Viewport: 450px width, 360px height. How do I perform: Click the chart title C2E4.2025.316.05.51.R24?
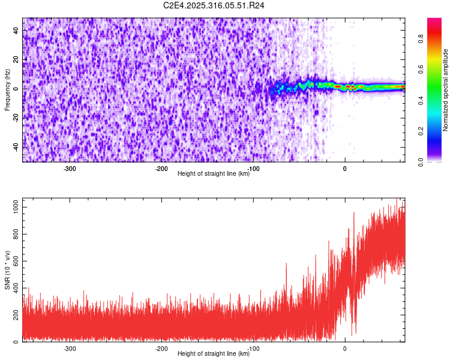click(x=214, y=5)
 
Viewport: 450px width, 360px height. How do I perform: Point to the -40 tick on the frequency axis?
click(x=15, y=146)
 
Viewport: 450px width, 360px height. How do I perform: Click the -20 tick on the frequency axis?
click(x=15, y=117)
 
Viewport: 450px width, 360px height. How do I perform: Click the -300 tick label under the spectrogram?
click(x=70, y=169)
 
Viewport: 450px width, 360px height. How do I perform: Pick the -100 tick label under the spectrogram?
click(x=253, y=169)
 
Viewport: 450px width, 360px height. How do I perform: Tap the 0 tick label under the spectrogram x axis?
click(x=345, y=169)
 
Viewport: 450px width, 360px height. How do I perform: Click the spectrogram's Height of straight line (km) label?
click(x=214, y=174)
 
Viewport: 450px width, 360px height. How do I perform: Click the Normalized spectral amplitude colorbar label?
click(x=445, y=90)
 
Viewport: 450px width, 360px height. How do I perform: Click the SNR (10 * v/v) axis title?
click(x=7, y=270)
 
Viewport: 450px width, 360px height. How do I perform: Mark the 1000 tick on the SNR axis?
click(x=13, y=207)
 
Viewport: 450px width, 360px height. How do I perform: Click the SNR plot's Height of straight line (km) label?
click(x=214, y=354)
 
